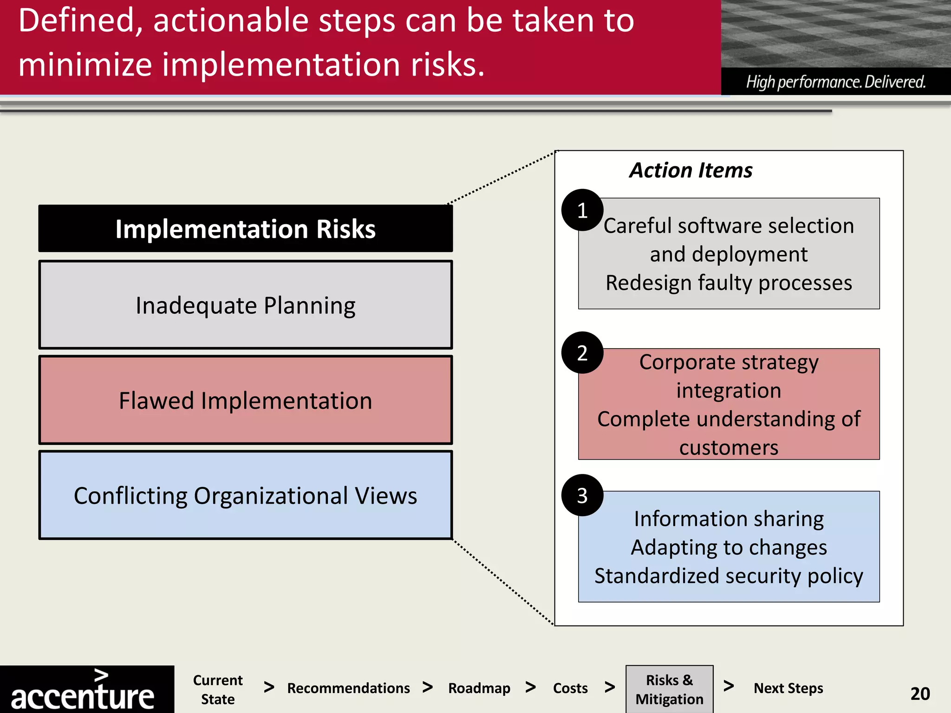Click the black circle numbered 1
(582, 210)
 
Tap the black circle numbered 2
(582, 353)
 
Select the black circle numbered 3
(582, 495)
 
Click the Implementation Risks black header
(245, 229)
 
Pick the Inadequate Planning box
(245, 305)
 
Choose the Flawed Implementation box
(245, 400)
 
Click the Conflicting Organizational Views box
(245, 495)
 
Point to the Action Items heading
(690, 170)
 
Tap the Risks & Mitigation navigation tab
(669, 689)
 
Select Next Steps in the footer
(788, 688)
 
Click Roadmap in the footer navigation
(479, 688)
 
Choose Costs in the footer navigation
(570, 688)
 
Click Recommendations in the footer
(348, 688)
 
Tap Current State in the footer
(218, 689)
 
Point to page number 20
(920, 694)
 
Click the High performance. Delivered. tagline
(836, 82)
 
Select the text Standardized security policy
(729, 576)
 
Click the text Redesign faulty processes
(729, 283)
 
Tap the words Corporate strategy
(729, 362)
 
